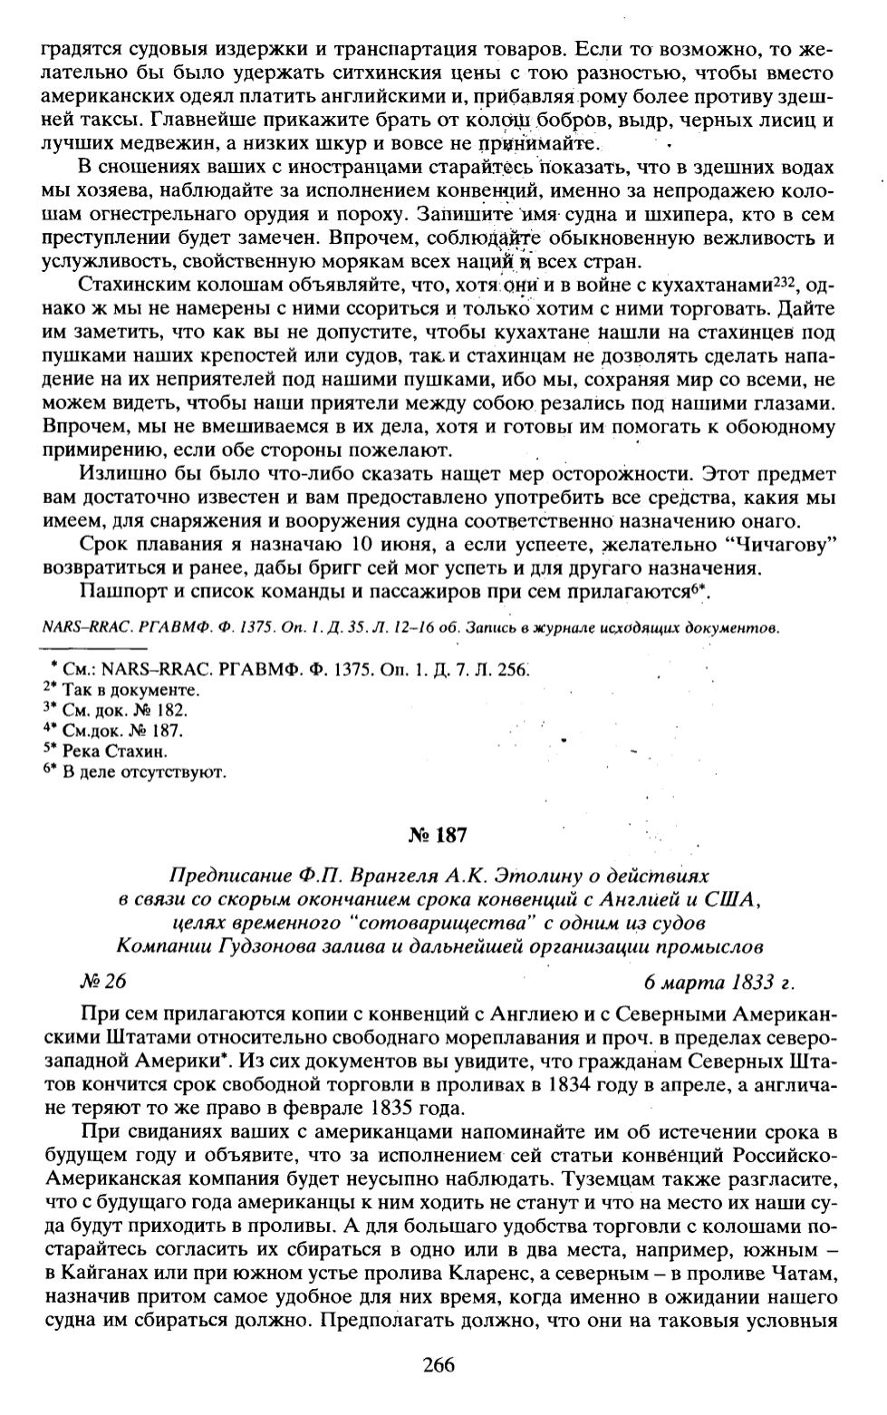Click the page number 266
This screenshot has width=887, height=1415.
(x=438, y=1365)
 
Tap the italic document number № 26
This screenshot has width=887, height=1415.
(x=102, y=983)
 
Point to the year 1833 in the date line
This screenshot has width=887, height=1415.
(x=747, y=983)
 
